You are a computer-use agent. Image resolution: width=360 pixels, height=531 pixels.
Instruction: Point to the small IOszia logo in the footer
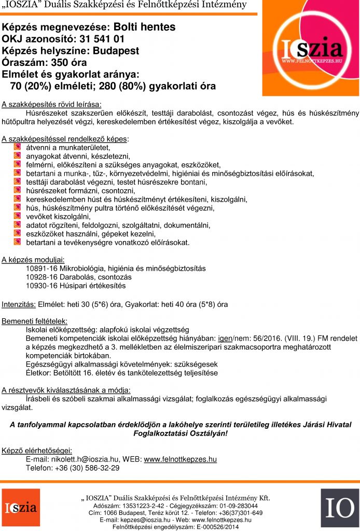point(21,507)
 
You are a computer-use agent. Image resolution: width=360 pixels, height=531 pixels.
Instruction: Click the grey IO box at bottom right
point(339,508)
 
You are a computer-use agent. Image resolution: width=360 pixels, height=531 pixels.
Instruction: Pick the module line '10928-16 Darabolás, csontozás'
point(78,277)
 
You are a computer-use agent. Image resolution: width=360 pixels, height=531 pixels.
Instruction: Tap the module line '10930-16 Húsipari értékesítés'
point(76,286)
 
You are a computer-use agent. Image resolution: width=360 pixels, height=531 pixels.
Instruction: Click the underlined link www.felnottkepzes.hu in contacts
point(180,459)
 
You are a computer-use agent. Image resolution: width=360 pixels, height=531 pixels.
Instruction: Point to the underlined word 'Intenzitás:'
point(19,304)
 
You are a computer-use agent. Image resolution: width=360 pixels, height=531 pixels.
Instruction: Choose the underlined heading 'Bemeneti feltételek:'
point(35,322)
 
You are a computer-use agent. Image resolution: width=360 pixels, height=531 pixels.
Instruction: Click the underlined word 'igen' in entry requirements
point(224,339)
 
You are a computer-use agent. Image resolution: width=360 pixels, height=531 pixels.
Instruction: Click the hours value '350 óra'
point(60,63)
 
